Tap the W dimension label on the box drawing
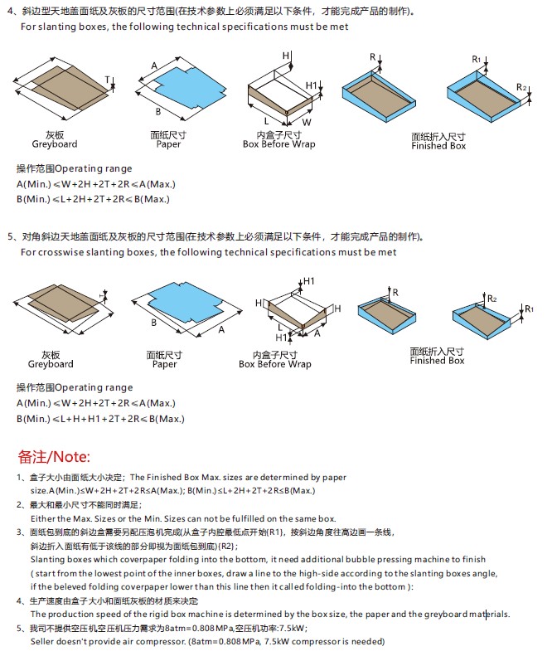click(x=307, y=122)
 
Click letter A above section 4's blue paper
click(x=154, y=65)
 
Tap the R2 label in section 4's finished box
click(x=521, y=87)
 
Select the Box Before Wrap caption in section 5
click(x=275, y=364)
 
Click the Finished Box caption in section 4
click(x=438, y=146)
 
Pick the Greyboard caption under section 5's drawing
click(x=51, y=364)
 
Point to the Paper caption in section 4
click(x=168, y=144)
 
